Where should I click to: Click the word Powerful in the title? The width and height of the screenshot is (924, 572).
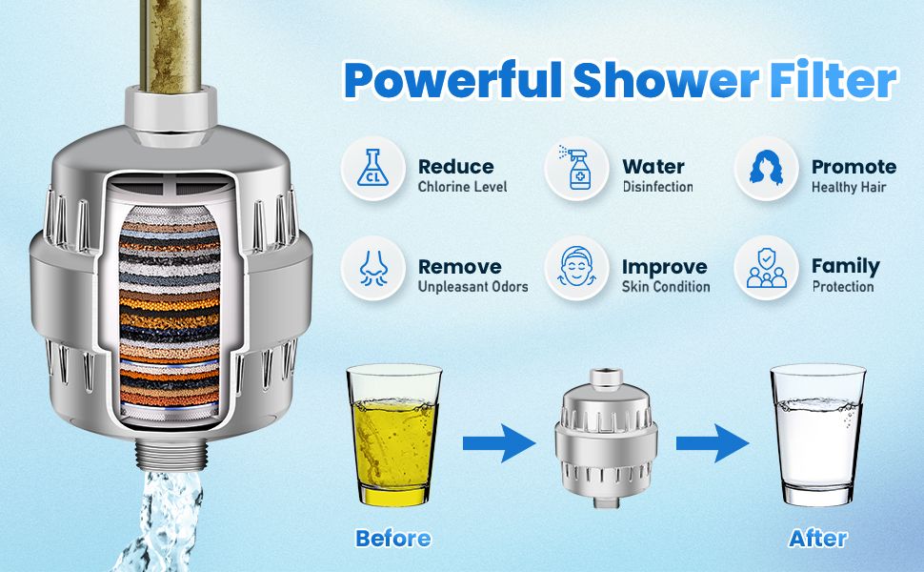453,82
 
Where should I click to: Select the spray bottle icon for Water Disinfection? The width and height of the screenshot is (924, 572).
576,168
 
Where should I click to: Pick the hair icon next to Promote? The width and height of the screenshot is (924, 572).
765,168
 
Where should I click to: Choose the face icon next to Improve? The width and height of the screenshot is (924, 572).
576,267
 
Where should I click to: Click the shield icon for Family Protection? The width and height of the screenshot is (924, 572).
765,267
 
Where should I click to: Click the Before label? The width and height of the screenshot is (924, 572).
392,539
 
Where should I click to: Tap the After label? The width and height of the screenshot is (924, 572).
818,539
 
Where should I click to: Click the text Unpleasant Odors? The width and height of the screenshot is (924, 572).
472,287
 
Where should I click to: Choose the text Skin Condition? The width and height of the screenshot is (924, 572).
666,287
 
